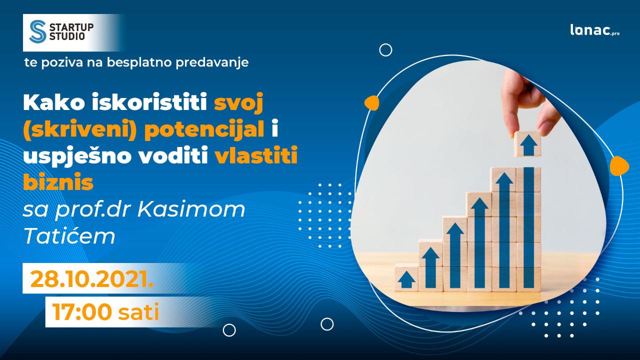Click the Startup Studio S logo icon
[x=37, y=31]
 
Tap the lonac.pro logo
[x=595, y=30]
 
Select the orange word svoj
[x=238, y=104]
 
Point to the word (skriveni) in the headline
[x=79, y=130]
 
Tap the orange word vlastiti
[x=256, y=155]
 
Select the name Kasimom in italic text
[x=191, y=209]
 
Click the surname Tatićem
[x=69, y=235]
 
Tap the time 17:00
[x=81, y=311]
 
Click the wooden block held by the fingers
[x=527, y=144]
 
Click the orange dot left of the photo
[x=371, y=103]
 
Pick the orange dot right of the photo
[x=619, y=166]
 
